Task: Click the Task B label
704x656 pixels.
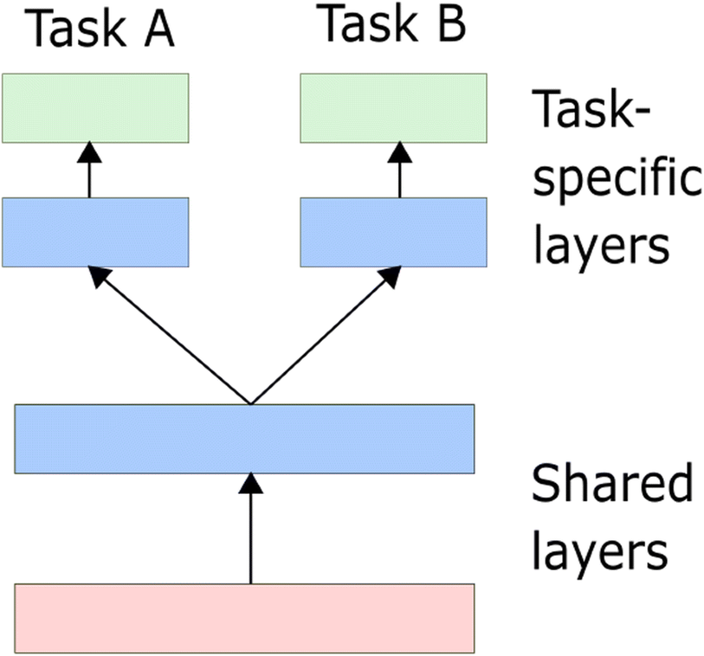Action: tap(393, 26)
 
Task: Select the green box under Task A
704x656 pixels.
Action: tap(95, 108)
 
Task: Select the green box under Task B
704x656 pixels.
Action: tap(393, 108)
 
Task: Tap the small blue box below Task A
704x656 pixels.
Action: tap(95, 232)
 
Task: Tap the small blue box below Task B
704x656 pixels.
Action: tap(393, 232)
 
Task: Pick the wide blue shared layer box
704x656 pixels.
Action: tap(244, 438)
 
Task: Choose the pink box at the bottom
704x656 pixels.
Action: tap(244, 617)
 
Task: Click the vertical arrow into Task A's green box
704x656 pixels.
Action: tap(90, 170)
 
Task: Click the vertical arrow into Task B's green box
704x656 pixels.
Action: tap(399, 170)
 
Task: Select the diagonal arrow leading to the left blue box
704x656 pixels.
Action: tap(170, 336)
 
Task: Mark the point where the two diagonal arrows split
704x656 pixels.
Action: tap(251, 402)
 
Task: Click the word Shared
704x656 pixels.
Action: tap(612, 488)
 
